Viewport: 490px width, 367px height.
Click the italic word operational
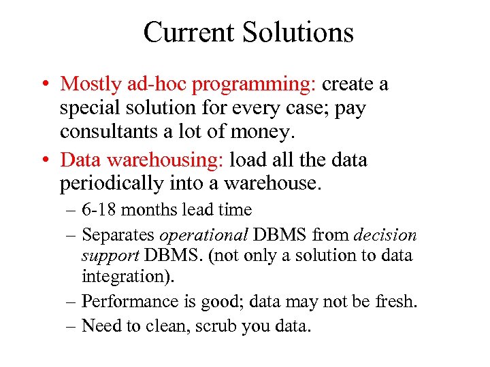(x=203, y=236)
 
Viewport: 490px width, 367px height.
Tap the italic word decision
(x=385, y=235)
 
